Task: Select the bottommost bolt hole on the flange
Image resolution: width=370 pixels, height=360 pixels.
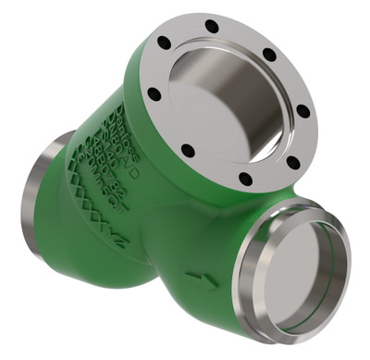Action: click(x=244, y=180)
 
